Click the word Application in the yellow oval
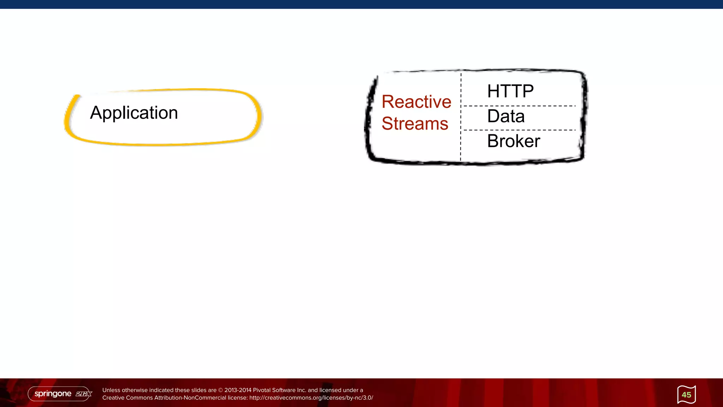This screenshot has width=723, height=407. [x=134, y=113]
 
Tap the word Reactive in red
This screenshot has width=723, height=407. [x=416, y=102]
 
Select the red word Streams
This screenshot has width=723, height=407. [x=415, y=124]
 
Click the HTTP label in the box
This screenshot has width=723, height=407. [x=510, y=91]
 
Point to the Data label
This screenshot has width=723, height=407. [x=506, y=116]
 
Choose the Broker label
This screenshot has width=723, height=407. [x=513, y=141]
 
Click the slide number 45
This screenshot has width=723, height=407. [x=686, y=395]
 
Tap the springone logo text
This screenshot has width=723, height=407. [x=53, y=394]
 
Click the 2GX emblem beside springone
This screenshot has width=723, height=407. [x=84, y=394]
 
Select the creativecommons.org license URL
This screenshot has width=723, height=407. [x=311, y=398]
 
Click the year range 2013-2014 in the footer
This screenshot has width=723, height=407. [x=238, y=390]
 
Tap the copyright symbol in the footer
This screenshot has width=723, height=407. [x=221, y=390]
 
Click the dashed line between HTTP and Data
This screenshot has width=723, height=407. [x=519, y=106]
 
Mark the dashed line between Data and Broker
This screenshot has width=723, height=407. [x=519, y=130]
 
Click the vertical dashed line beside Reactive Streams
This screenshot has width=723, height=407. [x=461, y=117]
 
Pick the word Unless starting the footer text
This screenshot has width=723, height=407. [x=111, y=390]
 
